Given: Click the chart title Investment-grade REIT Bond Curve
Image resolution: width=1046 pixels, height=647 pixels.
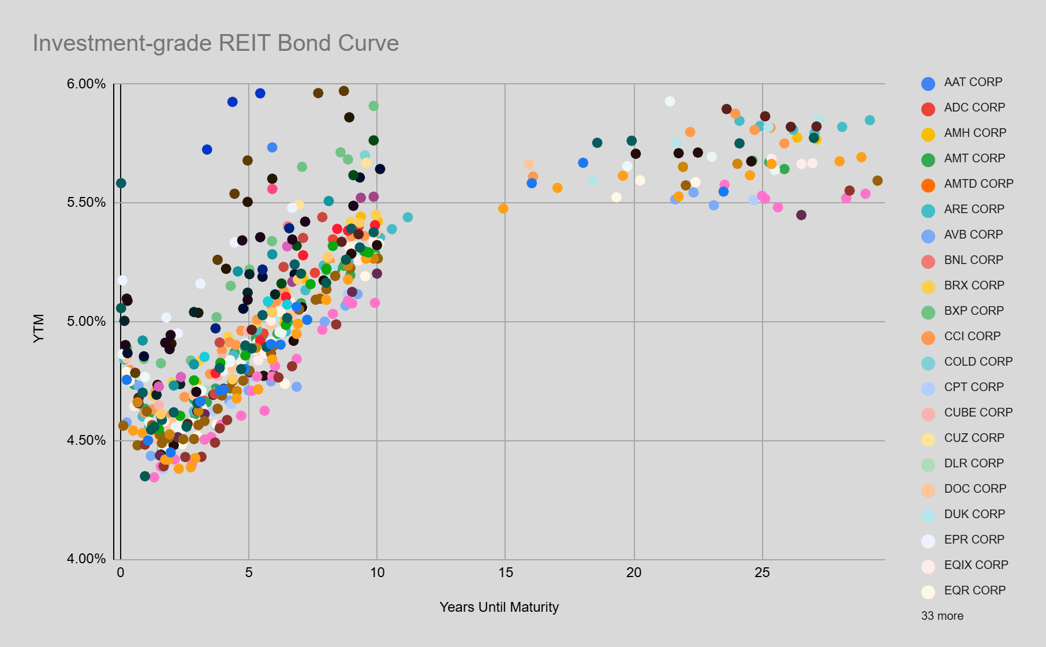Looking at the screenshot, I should pyautogui.click(x=215, y=43).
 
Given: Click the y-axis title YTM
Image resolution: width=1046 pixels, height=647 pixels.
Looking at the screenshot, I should pyautogui.click(x=39, y=328).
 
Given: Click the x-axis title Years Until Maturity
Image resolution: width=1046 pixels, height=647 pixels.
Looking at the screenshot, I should pyautogui.click(x=499, y=607).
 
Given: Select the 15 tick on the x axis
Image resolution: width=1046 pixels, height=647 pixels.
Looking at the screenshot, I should pyautogui.click(x=505, y=572).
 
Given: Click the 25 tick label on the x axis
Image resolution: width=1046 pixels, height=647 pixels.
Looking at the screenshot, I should pyautogui.click(x=762, y=572).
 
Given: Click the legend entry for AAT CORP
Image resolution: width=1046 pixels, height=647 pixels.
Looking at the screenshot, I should pyautogui.click(x=973, y=82).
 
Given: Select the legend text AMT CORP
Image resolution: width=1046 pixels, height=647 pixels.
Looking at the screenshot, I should pyautogui.click(x=974, y=158).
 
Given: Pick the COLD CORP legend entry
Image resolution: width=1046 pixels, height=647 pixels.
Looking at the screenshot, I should pyautogui.click(x=978, y=362).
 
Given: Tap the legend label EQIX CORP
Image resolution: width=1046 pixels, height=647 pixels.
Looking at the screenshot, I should pyautogui.click(x=976, y=565).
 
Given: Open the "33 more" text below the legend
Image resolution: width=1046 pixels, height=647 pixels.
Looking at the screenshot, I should pyautogui.click(x=942, y=616).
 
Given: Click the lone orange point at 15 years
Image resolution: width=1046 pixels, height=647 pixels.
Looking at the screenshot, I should pyautogui.click(x=503, y=208).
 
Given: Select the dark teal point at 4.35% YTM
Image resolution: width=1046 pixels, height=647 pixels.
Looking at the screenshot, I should pyautogui.click(x=145, y=476).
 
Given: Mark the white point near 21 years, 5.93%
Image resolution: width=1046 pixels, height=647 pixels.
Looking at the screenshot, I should pyautogui.click(x=670, y=101).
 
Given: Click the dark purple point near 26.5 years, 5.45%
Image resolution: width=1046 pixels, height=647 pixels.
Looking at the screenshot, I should pyautogui.click(x=801, y=215).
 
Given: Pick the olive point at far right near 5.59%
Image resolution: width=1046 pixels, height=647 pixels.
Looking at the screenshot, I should pyautogui.click(x=877, y=181).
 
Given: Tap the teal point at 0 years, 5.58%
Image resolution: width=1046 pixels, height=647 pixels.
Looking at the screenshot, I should pyautogui.click(x=121, y=183).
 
